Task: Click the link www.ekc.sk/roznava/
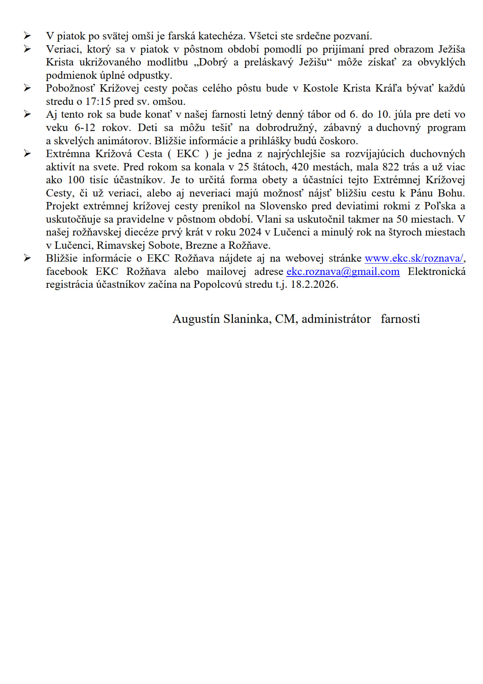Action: coord(414,259)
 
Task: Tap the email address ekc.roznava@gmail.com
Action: coord(343,272)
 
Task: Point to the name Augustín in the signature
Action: coord(196,319)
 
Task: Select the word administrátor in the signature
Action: coord(336,319)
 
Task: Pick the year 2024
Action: coord(250,232)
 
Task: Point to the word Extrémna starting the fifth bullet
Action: coord(68,154)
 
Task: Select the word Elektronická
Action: coord(436,272)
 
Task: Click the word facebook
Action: coord(67,272)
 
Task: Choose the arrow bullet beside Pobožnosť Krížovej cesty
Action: coord(27,88)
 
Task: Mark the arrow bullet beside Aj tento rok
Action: coord(27,114)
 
